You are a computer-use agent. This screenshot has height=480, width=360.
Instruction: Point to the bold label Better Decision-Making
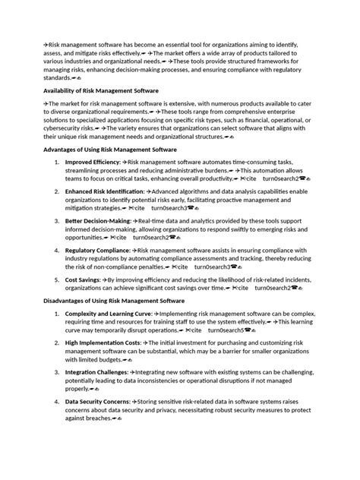tap(99, 221)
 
